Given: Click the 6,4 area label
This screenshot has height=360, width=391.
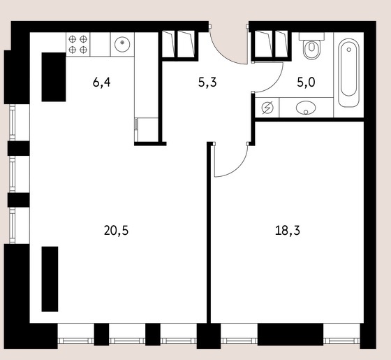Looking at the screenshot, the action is tap(101, 82).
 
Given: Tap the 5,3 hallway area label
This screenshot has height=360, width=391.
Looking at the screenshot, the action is tap(207, 82).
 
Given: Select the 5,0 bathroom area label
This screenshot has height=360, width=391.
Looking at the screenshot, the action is tap(306, 82).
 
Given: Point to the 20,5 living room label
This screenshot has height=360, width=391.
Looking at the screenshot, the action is tap(116, 231).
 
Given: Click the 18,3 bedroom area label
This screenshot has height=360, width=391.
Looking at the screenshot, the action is tap(288, 231).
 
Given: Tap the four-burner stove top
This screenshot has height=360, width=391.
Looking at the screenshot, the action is tap(78, 44).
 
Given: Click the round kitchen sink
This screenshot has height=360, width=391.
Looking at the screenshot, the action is tap(122, 44).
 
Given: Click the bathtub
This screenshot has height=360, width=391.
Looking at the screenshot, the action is tap(348, 73).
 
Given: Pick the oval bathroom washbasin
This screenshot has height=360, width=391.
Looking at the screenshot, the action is tap(306, 108).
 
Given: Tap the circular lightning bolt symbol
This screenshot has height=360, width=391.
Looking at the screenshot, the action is tap(267, 108).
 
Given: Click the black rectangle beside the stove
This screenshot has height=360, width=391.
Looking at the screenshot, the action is tap(54, 77).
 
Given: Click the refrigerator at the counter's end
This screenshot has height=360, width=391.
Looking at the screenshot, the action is tap(147, 129).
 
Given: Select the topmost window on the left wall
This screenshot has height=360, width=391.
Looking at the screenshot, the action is tap(13, 122).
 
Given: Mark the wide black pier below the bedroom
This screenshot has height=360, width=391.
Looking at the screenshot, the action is tap(290, 335).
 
